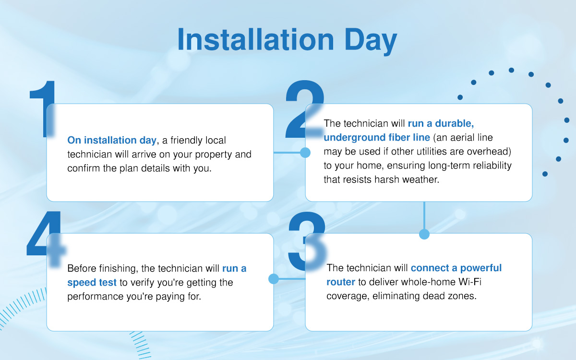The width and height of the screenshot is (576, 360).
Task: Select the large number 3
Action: [307, 240]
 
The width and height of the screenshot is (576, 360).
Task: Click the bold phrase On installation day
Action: [112, 140]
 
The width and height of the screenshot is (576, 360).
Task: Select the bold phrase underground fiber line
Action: [377, 138]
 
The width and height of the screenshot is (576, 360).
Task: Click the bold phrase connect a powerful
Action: [456, 268]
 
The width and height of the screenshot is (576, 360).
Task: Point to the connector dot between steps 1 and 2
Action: [305, 153]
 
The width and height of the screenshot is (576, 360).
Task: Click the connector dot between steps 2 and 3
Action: [424, 234]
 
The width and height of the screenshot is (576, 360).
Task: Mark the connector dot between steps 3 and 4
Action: [274, 278]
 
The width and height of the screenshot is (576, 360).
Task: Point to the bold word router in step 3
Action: [341, 282]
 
